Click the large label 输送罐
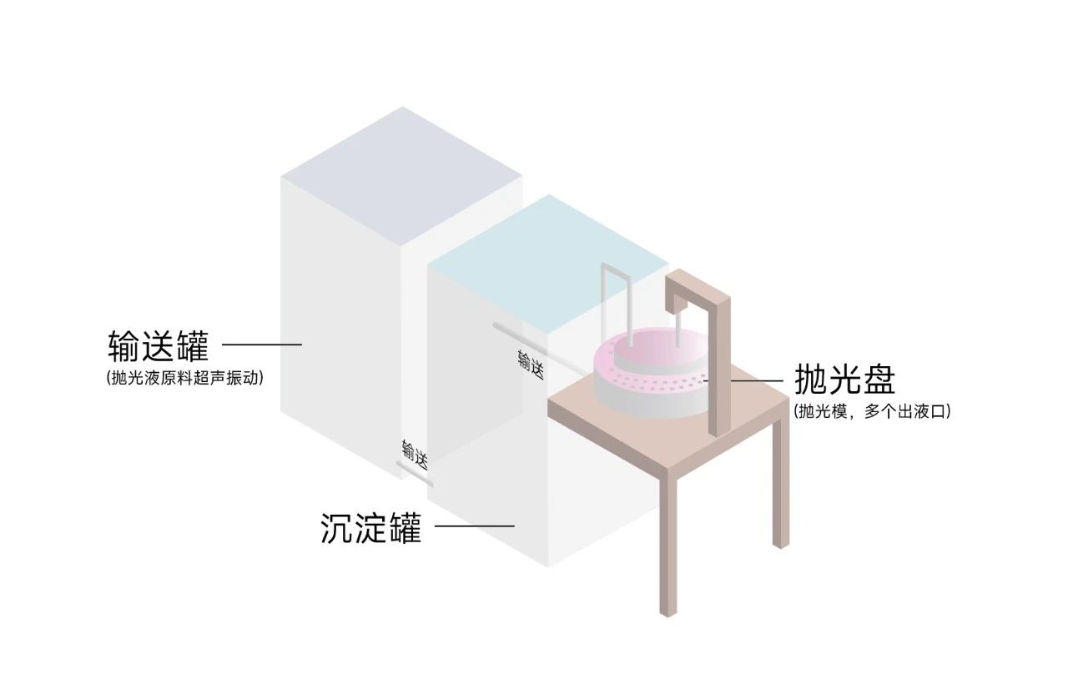click(159, 345)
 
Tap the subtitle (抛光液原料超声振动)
click(185, 378)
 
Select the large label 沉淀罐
click(371, 527)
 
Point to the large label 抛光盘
click(845, 379)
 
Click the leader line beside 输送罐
click(262, 345)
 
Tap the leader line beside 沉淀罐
click(475, 526)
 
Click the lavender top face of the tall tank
click(402, 176)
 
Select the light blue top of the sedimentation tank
click(548, 264)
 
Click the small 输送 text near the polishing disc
click(531, 365)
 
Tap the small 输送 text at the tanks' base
click(415, 455)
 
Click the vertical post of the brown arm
click(719, 366)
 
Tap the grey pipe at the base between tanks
click(415, 475)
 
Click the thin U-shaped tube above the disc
click(617, 305)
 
